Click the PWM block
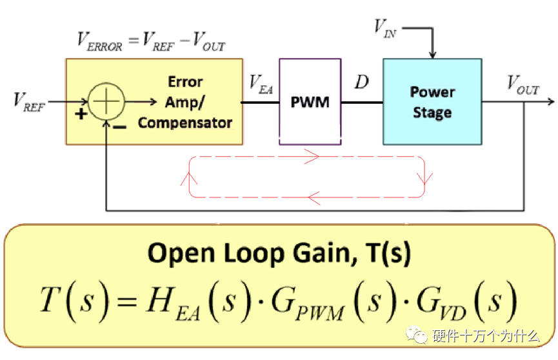pyautogui.click(x=310, y=102)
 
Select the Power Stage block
pyautogui.click(x=432, y=102)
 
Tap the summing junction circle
pyautogui.click(x=106, y=101)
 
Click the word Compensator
pyautogui.click(x=185, y=123)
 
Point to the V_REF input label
pyautogui.click(x=29, y=101)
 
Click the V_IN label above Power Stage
pyautogui.click(x=385, y=28)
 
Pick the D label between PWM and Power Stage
pyautogui.click(x=361, y=82)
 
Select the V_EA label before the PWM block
pyautogui.click(x=261, y=85)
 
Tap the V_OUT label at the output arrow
pyautogui.click(x=523, y=85)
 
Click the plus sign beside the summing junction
pyautogui.click(x=81, y=114)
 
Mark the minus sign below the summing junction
pyautogui.click(x=119, y=126)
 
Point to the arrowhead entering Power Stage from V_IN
pyautogui.click(x=432, y=55)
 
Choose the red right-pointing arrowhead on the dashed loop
pyautogui.click(x=312, y=156)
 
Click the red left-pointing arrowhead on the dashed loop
pyautogui.click(x=315, y=197)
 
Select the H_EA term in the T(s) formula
pyautogui.click(x=173, y=303)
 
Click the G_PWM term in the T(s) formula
pyautogui.click(x=308, y=303)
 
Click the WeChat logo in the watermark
pyautogui.click(x=417, y=335)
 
